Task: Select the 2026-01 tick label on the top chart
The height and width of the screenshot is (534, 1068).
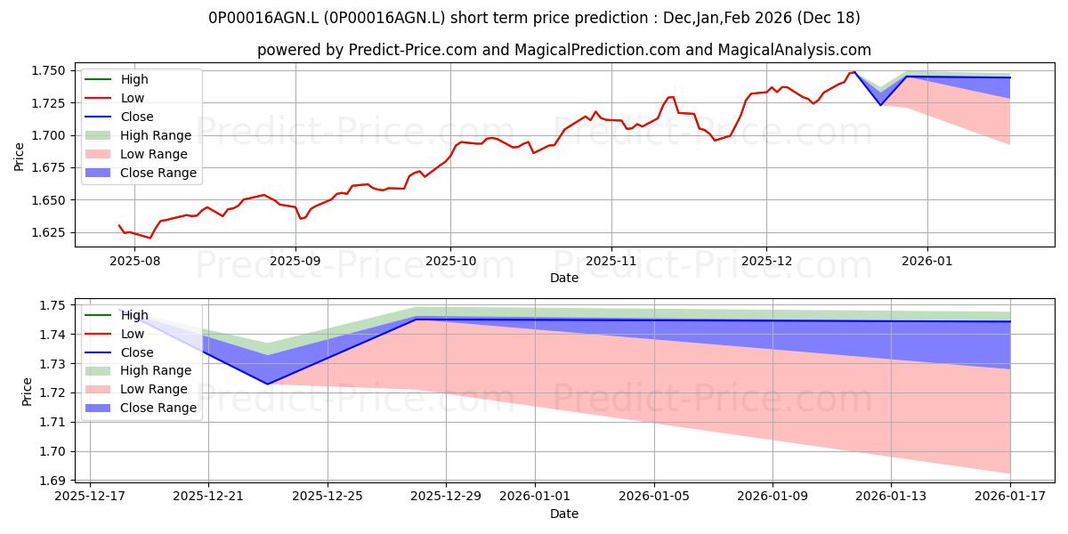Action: coord(927,262)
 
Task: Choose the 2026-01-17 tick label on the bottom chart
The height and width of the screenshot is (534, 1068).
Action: coord(1010,497)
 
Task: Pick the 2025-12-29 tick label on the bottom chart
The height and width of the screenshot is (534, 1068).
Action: coord(447,497)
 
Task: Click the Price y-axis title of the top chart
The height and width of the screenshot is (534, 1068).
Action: coord(20,156)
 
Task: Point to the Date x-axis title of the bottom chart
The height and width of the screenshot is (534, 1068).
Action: coord(564,514)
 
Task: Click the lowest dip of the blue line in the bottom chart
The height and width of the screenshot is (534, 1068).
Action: coord(268,384)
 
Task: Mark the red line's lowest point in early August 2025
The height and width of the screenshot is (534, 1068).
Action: coord(150,238)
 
